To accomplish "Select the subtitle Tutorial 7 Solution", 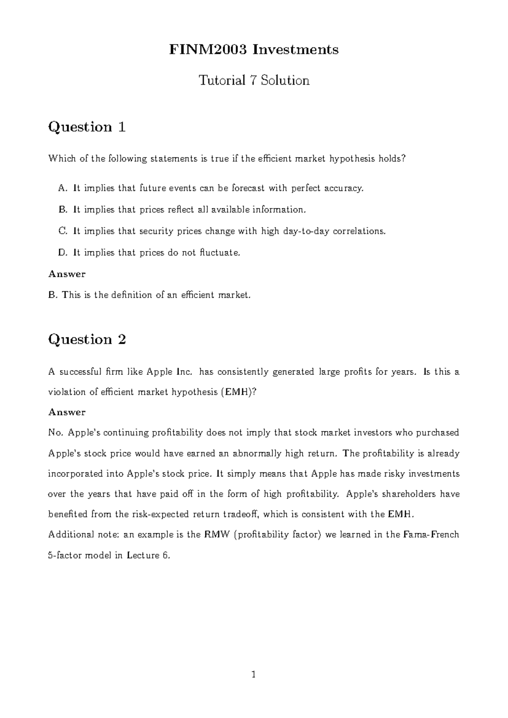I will (254, 80).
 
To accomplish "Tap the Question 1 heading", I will (87, 127).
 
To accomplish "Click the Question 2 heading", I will (87, 340).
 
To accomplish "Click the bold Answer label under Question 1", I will (67, 274).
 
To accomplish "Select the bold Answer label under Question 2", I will (67, 412).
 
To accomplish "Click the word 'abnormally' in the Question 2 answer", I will (258, 453).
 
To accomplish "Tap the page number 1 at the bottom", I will (254, 675).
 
